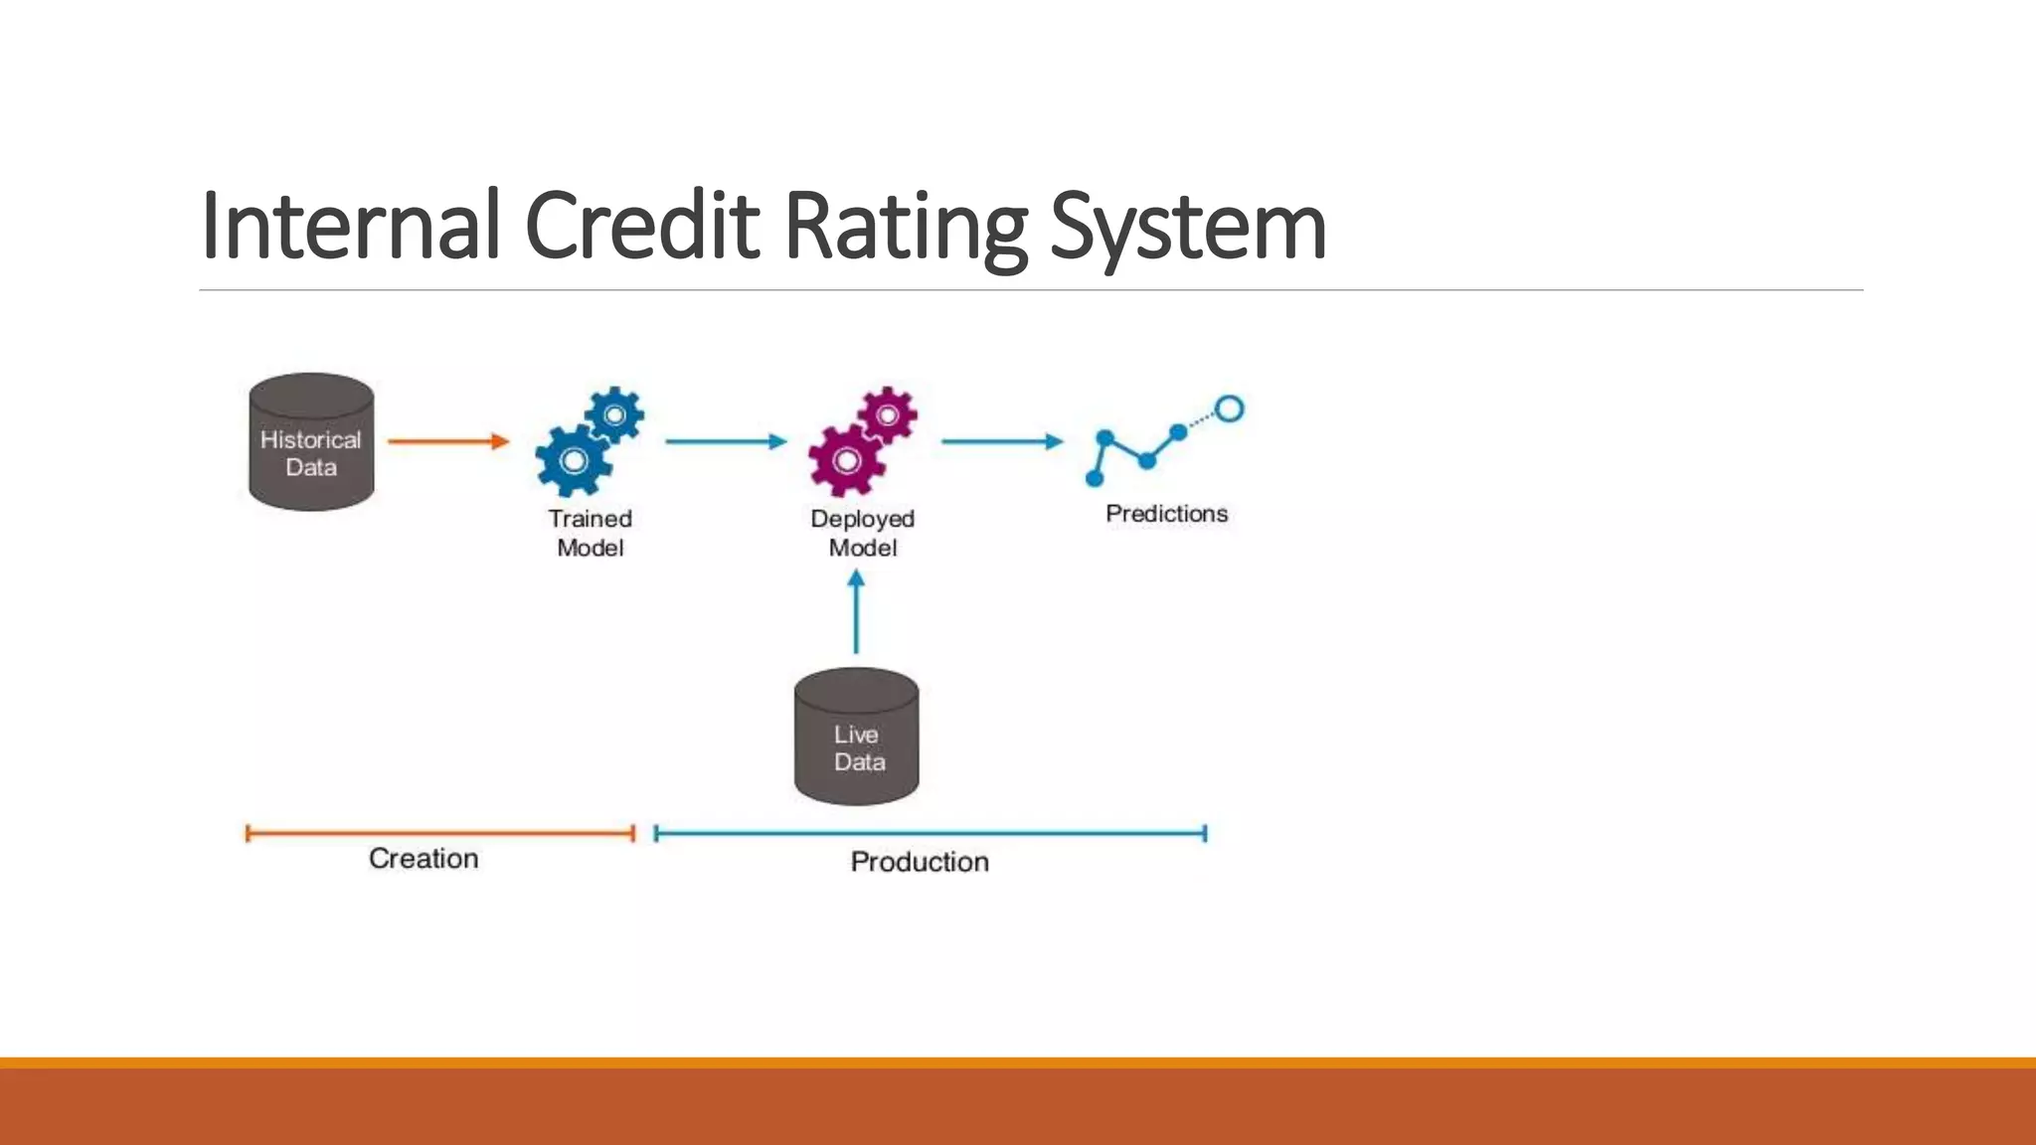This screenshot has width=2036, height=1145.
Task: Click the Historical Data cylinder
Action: [311, 443]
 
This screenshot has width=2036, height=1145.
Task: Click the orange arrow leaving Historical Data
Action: [448, 441]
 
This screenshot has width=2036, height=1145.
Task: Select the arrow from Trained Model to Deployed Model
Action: [726, 441]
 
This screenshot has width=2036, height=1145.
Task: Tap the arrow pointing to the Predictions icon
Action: [1002, 441]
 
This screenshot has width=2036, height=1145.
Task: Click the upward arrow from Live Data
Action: [856, 611]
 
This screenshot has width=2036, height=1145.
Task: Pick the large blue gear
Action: [573, 460]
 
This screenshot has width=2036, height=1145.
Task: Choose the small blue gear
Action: [614, 414]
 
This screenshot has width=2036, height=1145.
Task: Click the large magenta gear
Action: [846, 460]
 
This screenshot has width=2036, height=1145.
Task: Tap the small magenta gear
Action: [888, 414]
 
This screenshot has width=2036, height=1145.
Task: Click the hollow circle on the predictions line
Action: [1230, 409]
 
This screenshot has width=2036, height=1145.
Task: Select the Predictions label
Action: [1166, 514]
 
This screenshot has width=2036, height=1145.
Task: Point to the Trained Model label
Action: [590, 533]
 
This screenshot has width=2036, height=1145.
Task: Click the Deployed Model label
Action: [862, 533]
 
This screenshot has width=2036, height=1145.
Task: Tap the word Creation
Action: [424, 859]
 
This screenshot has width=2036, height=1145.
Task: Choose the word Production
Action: [920, 862]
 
